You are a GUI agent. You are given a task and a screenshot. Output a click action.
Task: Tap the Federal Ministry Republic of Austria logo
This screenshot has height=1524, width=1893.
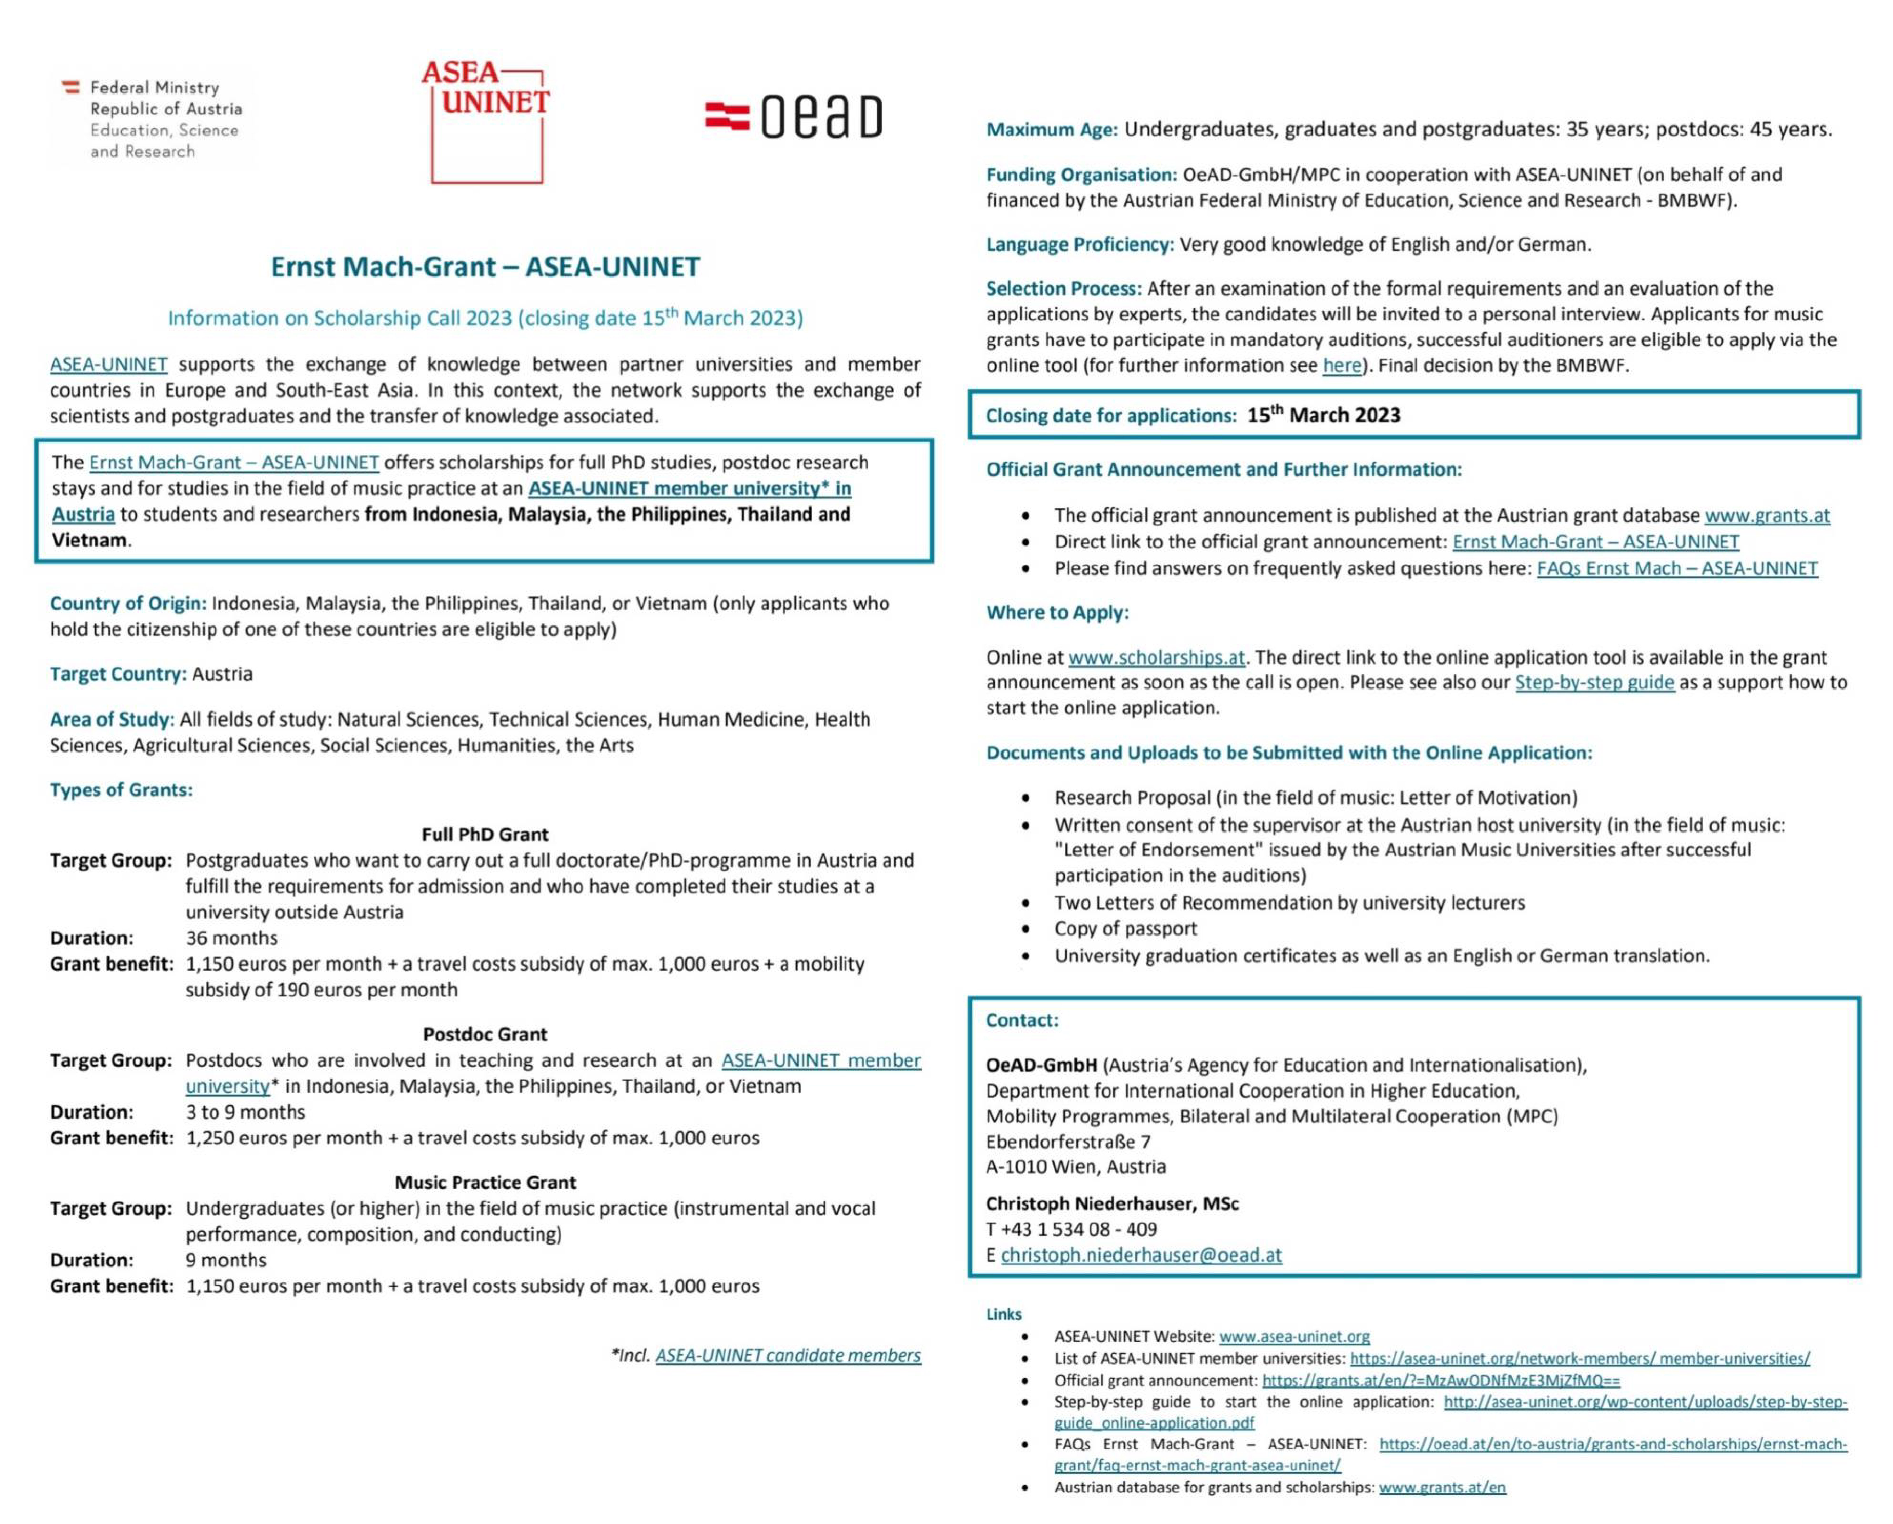pyautogui.click(x=154, y=119)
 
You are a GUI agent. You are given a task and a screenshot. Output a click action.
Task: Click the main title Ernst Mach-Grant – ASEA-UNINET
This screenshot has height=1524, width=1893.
pyautogui.click(x=485, y=266)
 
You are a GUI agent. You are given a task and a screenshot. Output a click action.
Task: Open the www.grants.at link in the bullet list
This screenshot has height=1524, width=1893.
pyautogui.click(x=1766, y=516)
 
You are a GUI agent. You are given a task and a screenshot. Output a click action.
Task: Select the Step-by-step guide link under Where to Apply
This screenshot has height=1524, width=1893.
pyautogui.click(x=1594, y=682)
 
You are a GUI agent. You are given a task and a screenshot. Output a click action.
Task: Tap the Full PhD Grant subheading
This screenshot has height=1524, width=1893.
pyautogui.click(x=485, y=834)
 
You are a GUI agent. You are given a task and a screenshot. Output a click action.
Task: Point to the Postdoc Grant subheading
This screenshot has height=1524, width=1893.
pyautogui.click(x=485, y=1034)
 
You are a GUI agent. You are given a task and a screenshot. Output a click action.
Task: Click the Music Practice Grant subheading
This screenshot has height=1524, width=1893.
pyautogui.click(x=485, y=1182)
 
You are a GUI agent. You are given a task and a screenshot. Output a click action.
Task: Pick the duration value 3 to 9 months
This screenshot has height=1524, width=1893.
pyautogui.click(x=245, y=1112)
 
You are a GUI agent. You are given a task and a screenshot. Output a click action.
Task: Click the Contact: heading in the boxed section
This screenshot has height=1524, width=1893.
pyautogui.click(x=1022, y=1020)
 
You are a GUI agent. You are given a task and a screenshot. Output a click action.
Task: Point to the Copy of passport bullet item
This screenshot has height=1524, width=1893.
pyautogui.click(x=1126, y=928)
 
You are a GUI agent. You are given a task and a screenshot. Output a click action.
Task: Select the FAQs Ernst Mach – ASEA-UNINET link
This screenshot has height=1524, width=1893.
pyautogui.click(x=1676, y=568)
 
